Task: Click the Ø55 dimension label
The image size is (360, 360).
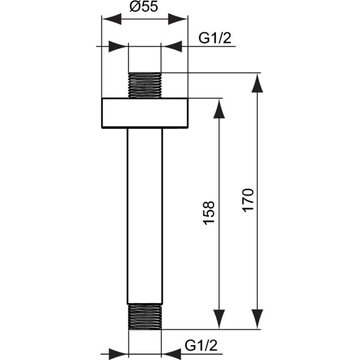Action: pos(144,7)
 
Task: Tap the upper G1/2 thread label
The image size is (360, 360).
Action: pos(215,38)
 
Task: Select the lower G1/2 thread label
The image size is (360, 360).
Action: pos(201,345)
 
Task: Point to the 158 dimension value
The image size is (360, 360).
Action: pos(209,213)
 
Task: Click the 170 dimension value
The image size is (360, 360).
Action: pos(248,200)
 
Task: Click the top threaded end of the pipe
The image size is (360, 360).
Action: pos(145,85)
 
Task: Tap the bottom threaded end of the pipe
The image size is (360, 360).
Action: pos(145,317)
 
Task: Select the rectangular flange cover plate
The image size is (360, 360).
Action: pos(145,113)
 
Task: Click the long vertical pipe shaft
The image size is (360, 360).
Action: pos(145,216)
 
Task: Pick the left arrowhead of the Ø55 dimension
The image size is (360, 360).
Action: pos(112,19)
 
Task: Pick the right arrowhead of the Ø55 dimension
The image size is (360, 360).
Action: pos(178,19)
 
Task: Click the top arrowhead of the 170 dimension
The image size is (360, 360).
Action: pos(257,83)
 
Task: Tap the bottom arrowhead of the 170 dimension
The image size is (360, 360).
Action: pos(257,319)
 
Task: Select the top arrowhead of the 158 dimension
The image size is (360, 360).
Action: pos(219,109)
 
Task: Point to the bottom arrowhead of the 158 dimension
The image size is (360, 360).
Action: pos(219,319)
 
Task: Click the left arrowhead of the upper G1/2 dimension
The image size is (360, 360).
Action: pos(118,47)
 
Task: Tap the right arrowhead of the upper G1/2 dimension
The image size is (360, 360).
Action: pos(172,47)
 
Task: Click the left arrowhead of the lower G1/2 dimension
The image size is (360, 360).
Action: pos(118,354)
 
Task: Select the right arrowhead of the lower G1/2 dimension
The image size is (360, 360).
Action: pos(172,354)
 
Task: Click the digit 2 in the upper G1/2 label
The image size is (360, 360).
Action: pos(227,38)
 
